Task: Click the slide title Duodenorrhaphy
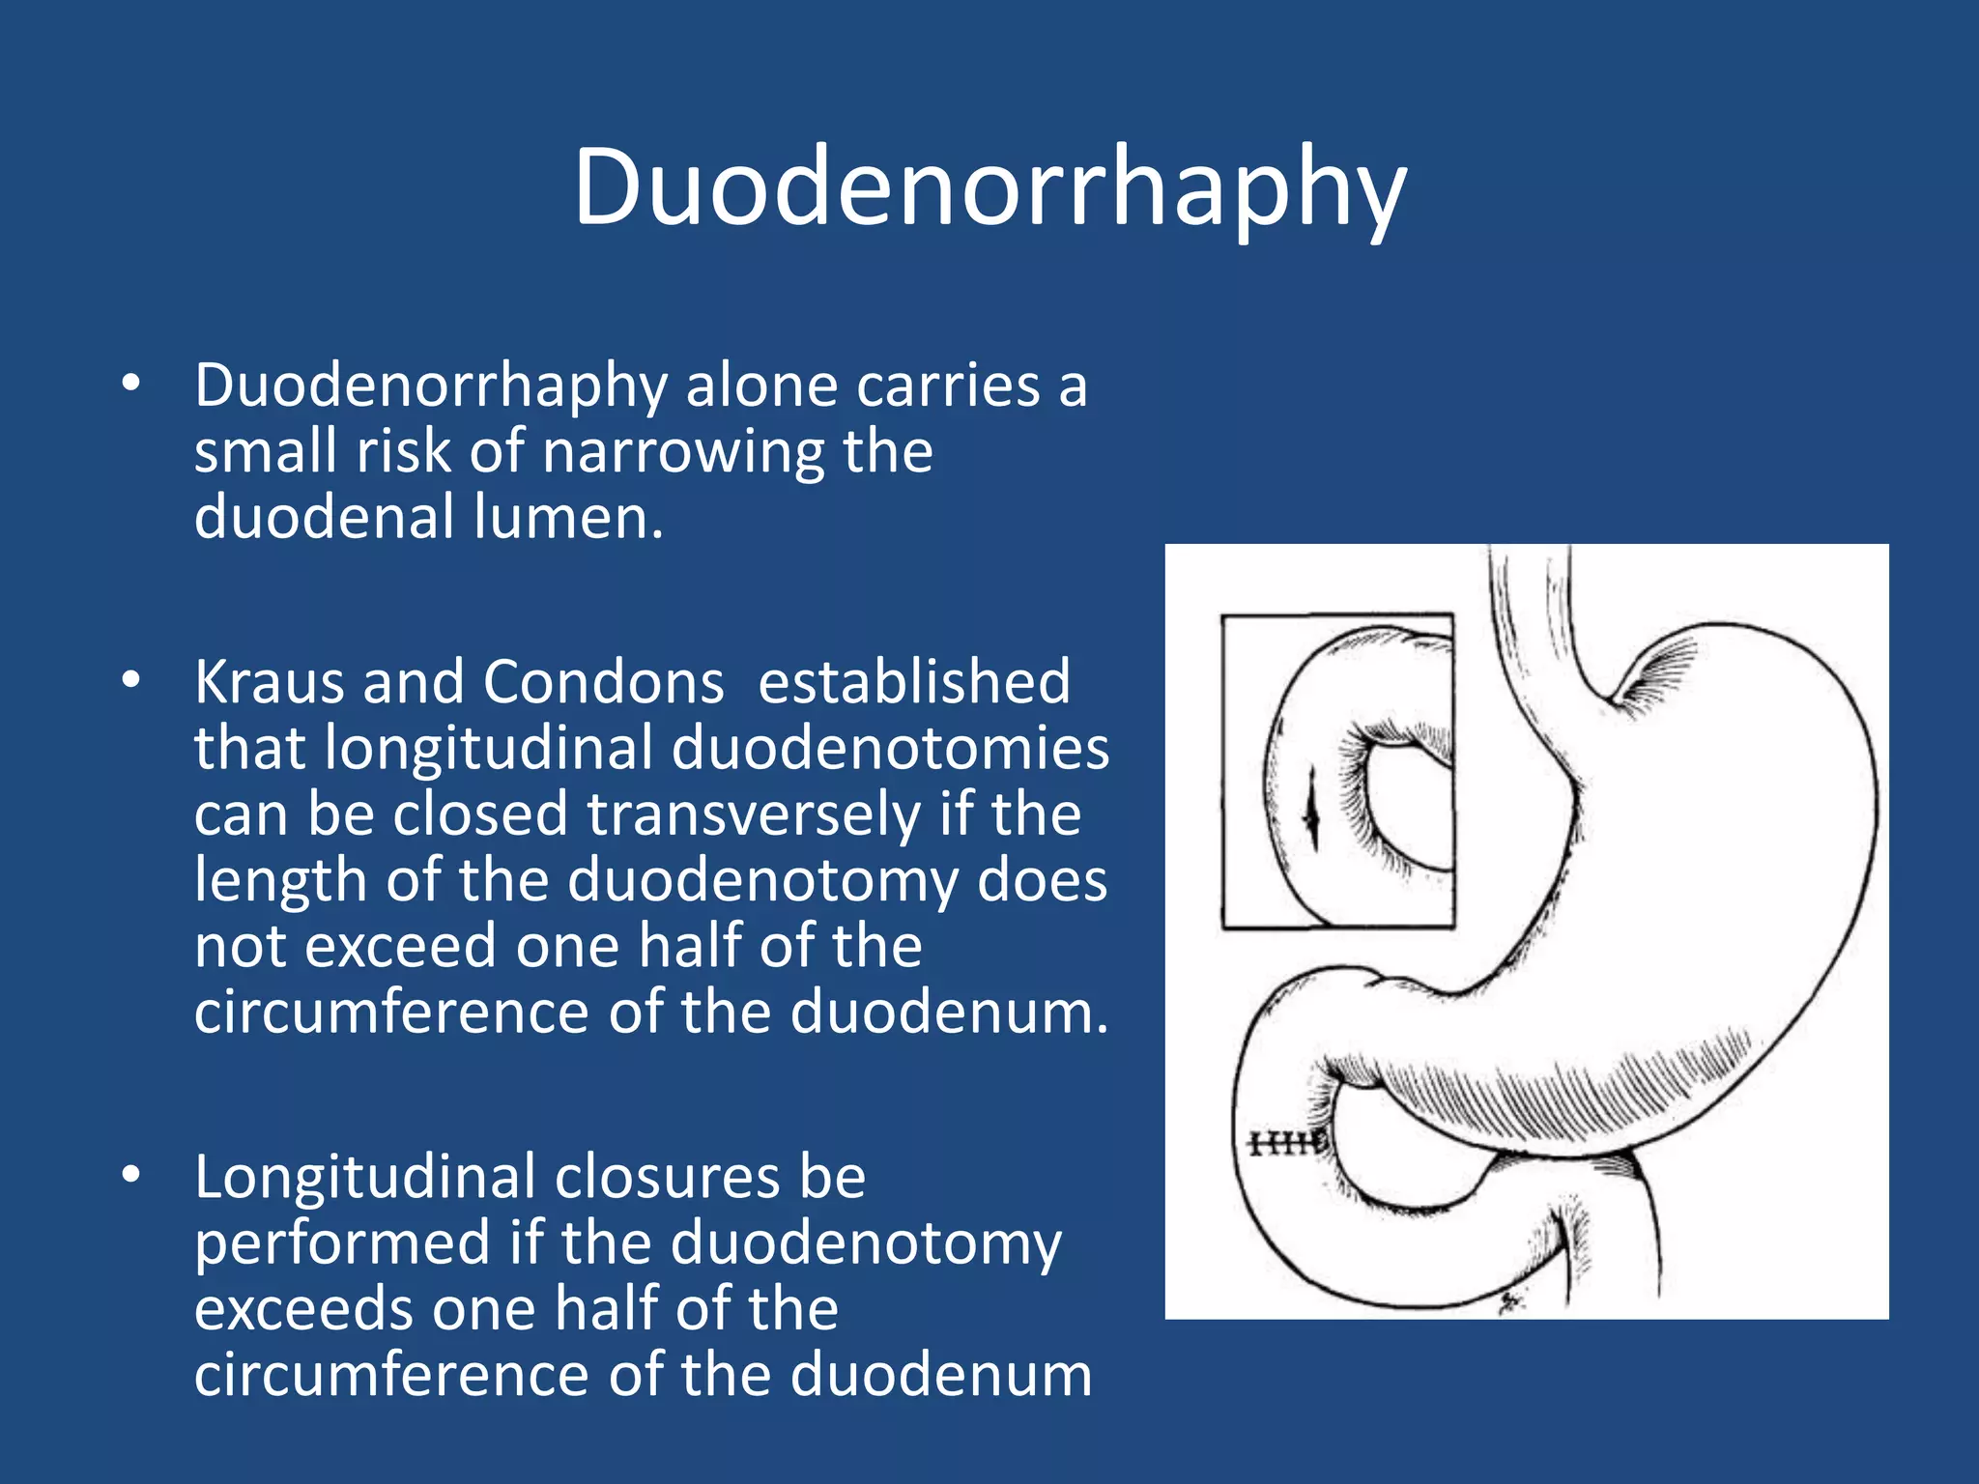pos(989,188)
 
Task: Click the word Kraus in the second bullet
pos(270,682)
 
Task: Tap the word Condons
pos(603,682)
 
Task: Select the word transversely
pos(754,814)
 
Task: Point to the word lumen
pos(568,517)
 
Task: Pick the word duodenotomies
pos(890,749)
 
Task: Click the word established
pos(914,682)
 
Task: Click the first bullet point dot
pos(131,384)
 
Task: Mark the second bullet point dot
pos(131,680)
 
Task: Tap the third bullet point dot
pos(131,1175)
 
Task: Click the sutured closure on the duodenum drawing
pos(1286,1144)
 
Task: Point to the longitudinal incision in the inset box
pos(1311,812)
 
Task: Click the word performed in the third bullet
pos(343,1243)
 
